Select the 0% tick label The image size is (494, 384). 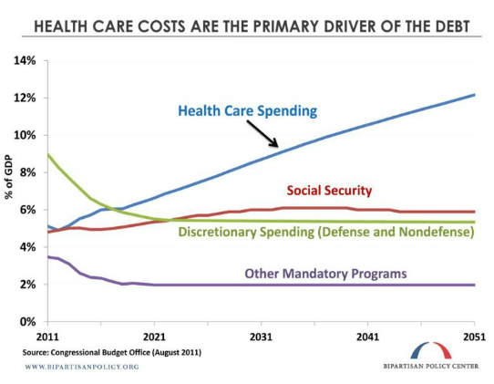tap(27, 322)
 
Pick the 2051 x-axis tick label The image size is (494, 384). tap(474, 336)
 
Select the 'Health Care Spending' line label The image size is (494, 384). tap(247, 111)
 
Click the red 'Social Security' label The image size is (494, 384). tap(329, 191)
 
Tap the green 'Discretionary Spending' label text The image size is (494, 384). tap(326, 233)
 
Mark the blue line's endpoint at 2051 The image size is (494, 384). tap(474, 95)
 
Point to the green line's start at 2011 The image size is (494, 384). tap(47, 155)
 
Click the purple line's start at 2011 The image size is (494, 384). tap(47, 257)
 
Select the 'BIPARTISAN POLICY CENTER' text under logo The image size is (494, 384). tap(428, 367)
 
